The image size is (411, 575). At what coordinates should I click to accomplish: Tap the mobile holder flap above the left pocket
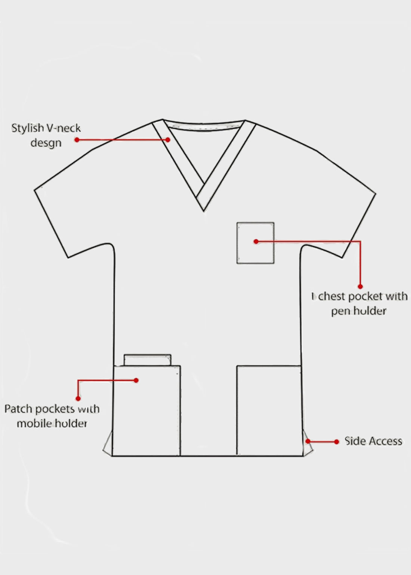[x=148, y=360]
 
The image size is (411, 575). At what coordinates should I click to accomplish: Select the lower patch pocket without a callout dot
[x=269, y=411]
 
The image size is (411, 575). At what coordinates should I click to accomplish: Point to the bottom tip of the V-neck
[x=204, y=210]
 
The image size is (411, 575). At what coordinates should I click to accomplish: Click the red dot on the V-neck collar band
[x=168, y=140]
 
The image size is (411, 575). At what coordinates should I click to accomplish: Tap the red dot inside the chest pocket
[x=256, y=242]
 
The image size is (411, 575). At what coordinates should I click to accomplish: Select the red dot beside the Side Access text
[x=337, y=442]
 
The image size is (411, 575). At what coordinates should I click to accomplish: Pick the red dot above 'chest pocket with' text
[x=360, y=286]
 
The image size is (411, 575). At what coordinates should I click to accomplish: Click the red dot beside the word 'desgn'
[x=77, y=140]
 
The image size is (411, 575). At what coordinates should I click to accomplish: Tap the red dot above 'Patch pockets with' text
[x=78, y=398]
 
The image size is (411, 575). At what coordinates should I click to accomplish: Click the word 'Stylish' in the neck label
[x=27, y=128]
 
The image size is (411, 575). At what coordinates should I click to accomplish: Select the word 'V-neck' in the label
[x=63, y=128]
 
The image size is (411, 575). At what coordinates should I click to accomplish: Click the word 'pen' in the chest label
[x=340, y=311]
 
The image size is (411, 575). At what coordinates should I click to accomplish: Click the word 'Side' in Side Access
[x=355, y=441]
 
